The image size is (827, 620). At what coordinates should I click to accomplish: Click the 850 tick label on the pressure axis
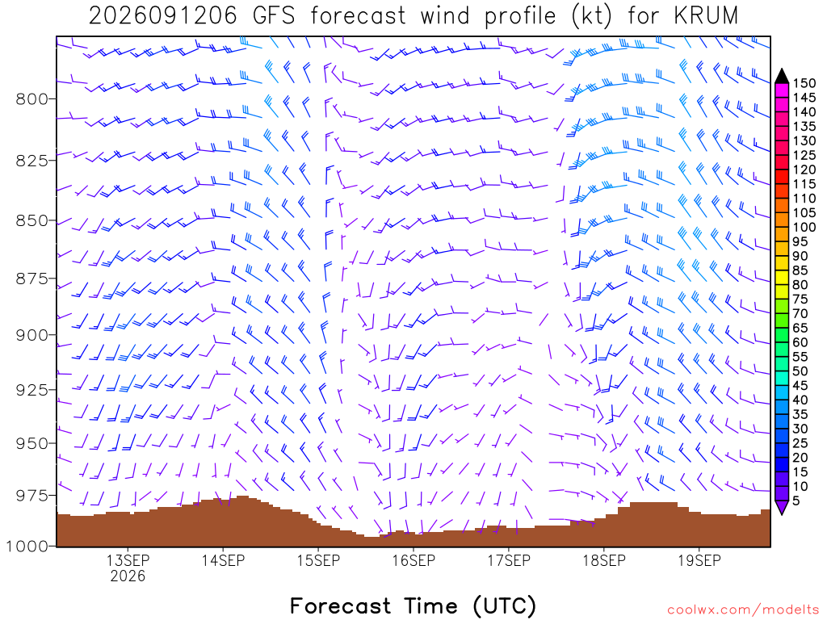(32, 220)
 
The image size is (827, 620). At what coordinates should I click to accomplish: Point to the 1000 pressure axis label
(27, 547)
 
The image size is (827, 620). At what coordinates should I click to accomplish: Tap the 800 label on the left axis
(32, 99)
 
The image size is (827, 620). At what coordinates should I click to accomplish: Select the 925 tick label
(32, 390)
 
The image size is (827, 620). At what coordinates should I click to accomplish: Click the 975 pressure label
(32, 496)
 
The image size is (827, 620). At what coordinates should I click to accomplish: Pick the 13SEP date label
(128, 560)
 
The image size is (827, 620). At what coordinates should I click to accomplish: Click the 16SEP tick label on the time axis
(413, 560)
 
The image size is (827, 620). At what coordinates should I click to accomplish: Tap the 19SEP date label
(699, 560)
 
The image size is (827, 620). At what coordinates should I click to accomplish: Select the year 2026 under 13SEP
(128, 576)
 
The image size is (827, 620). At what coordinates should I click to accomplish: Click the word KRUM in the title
(706, 16)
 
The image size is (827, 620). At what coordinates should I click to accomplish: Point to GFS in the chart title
(274, 16)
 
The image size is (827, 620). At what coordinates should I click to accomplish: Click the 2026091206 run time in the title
(163, 16)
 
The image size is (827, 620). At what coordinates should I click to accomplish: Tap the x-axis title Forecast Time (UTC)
(413, 605)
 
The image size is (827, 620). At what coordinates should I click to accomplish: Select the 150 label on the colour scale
(804, 83)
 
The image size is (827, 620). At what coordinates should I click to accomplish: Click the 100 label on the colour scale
(804, 227)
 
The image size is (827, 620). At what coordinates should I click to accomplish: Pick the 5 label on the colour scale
(796, 501)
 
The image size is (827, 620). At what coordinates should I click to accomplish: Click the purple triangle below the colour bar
(782, 507)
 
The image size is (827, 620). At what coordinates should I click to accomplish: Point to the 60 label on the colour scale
(800, 342)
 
